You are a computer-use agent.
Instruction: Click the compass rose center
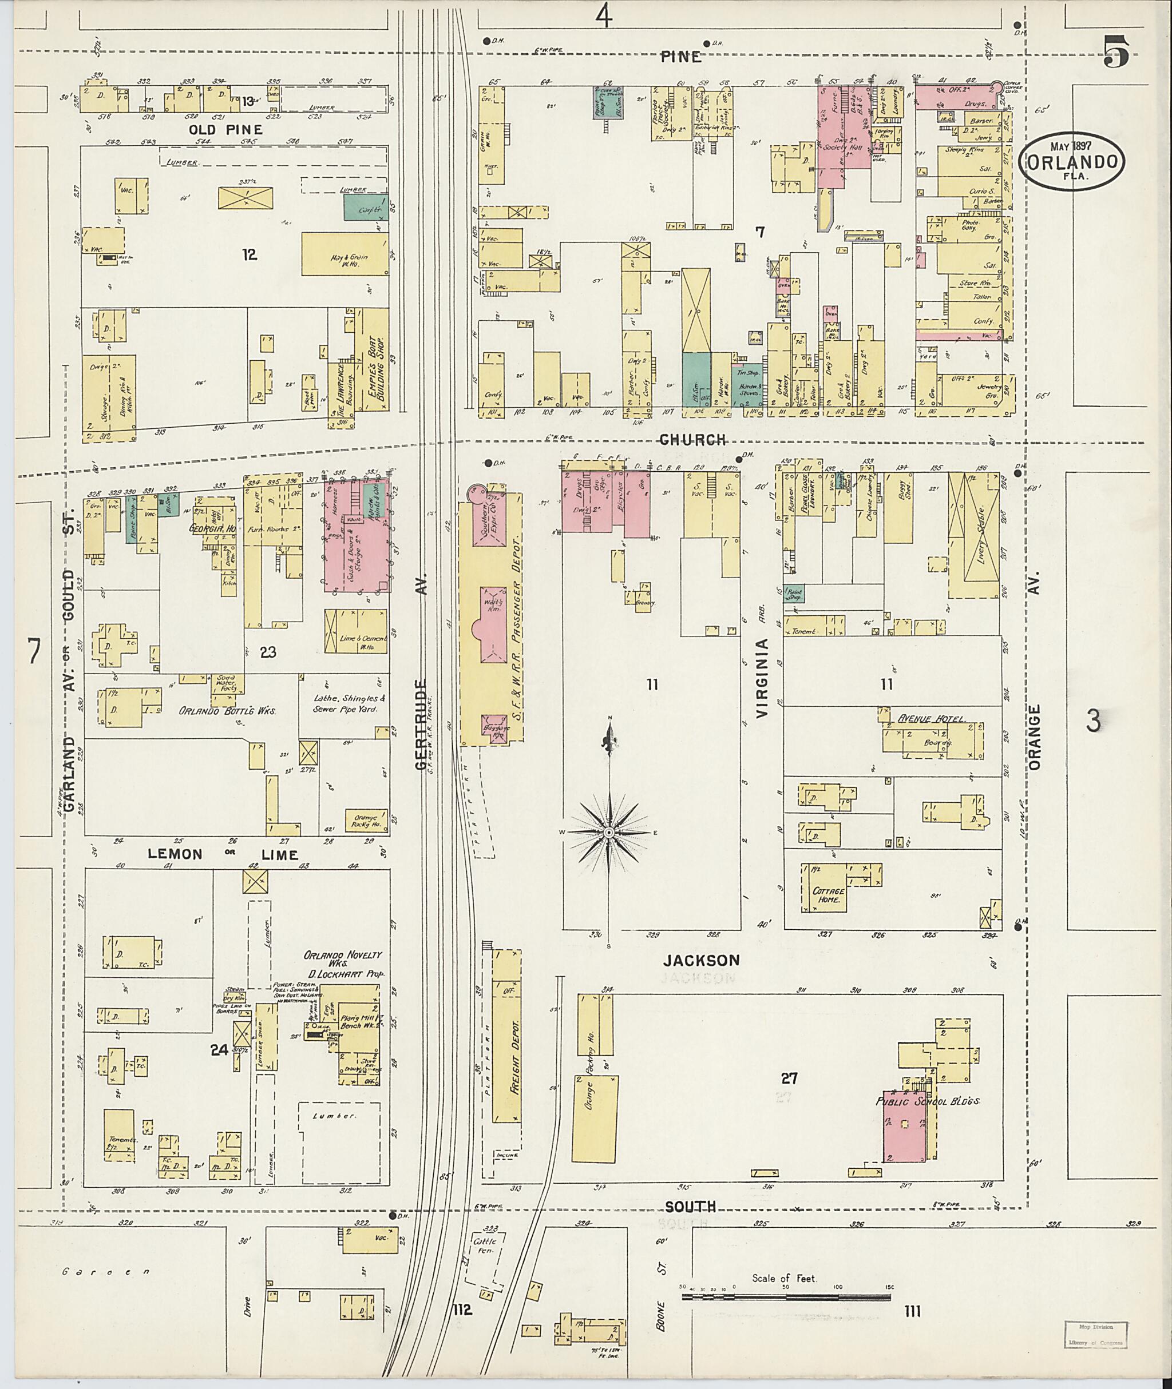pos(608,832)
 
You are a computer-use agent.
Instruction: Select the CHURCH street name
pos(694,440)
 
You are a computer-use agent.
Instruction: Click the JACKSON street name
pos(701,960)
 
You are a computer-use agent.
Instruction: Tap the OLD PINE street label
pos(225,130)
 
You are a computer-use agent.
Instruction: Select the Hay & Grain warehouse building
pos(345,254)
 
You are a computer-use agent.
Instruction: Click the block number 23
pos(268,652)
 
